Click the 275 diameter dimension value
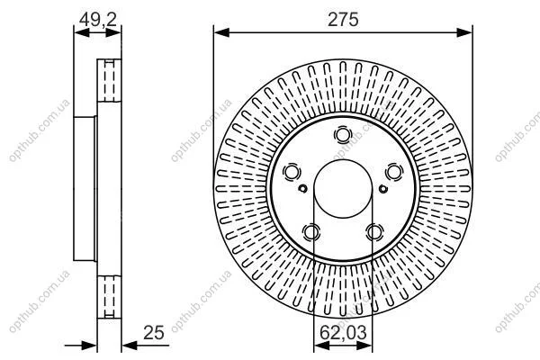(x=343, y=19)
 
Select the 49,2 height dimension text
(x=98, y=19)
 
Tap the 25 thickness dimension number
(x=154, y=333)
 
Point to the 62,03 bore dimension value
(x=343, y=333)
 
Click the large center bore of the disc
(x=343, y=189)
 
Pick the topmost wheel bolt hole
(x=343, y=135)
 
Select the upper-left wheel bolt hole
(x=292, y=172)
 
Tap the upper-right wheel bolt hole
(x=394, y=172)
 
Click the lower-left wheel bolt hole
(x=311, y=232)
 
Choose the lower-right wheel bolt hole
(x=374, y=232)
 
